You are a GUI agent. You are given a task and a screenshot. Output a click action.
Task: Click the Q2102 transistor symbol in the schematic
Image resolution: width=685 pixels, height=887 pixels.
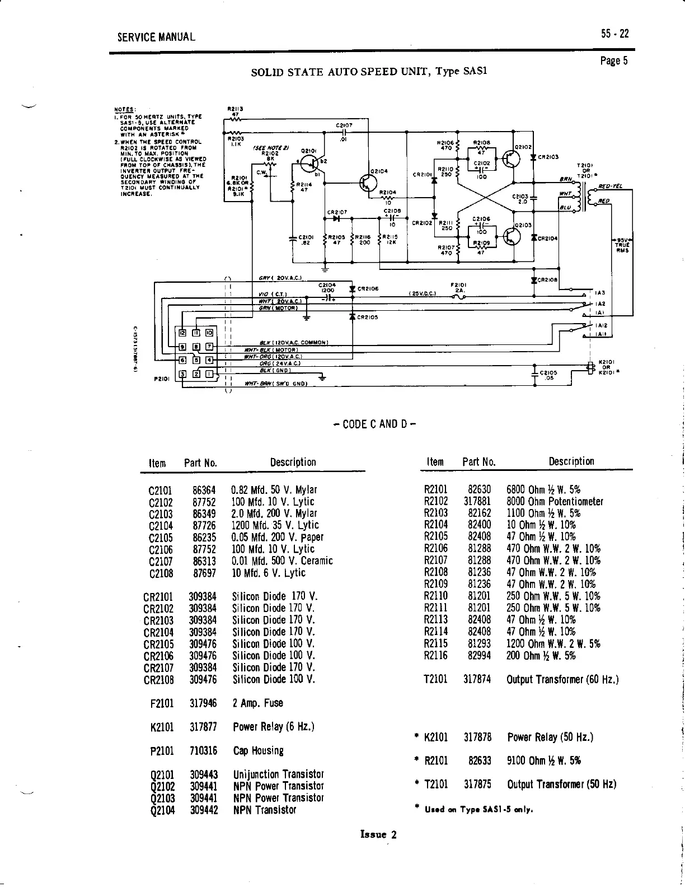[510, 159]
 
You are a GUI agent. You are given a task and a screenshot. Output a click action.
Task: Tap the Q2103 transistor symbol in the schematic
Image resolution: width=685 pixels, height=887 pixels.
[510, 237]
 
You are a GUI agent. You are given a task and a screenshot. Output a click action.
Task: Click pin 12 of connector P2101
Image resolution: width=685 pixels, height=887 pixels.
[182, 333]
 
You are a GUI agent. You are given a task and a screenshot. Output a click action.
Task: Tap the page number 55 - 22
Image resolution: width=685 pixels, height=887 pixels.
[615, 34]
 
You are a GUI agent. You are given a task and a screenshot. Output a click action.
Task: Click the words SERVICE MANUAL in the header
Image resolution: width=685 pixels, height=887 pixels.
[156, 38]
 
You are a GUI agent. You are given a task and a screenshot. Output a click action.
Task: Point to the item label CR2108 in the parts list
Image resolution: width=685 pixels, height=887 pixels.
[158, 680]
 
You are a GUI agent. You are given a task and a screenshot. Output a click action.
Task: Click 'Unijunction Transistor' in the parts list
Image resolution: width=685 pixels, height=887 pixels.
[278, 774]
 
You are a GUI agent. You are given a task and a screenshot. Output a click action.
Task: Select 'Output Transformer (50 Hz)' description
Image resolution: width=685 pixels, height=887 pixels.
[561, 783]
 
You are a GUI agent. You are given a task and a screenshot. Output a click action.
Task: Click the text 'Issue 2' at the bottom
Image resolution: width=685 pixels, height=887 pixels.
[379, 834]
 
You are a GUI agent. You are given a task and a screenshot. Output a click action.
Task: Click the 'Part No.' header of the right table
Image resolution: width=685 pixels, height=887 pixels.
[478, 462]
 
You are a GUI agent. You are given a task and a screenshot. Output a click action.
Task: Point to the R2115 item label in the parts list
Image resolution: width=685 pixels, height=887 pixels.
[436, 644]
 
